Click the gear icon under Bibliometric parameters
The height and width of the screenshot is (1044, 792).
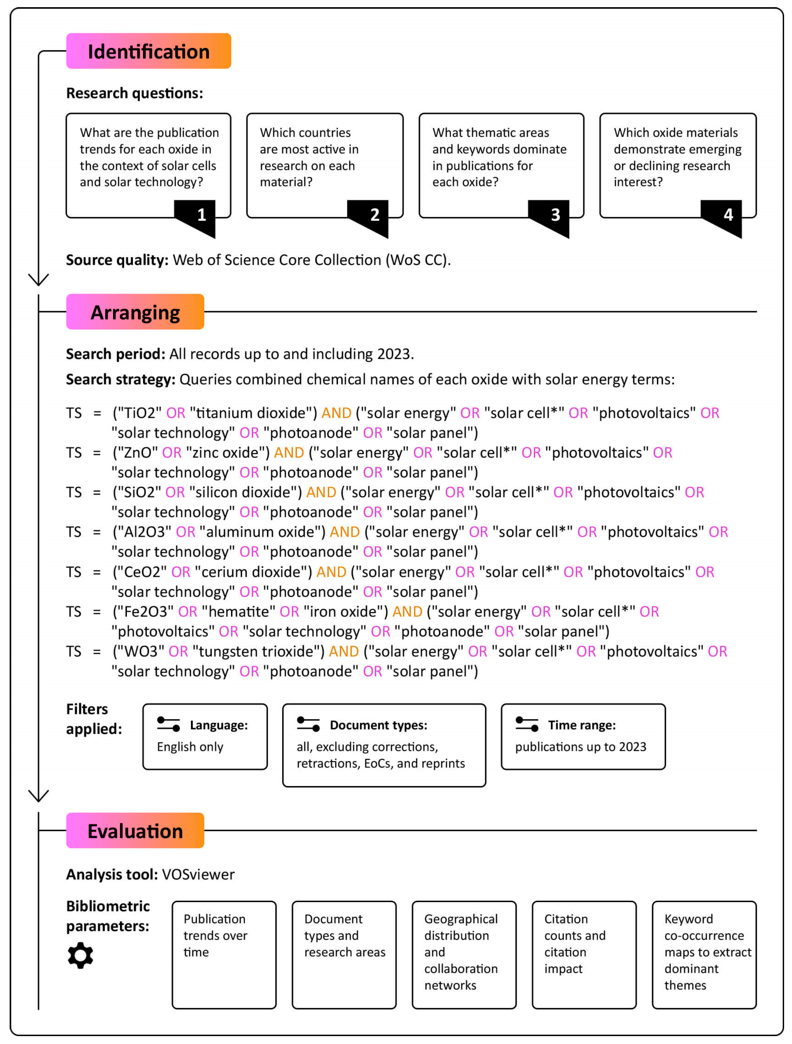tap(80, 956)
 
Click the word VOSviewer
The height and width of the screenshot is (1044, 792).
tap(198, 875)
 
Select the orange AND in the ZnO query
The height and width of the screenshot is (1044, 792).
tap(289, 453)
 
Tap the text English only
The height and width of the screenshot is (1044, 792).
tap(190, 747)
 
